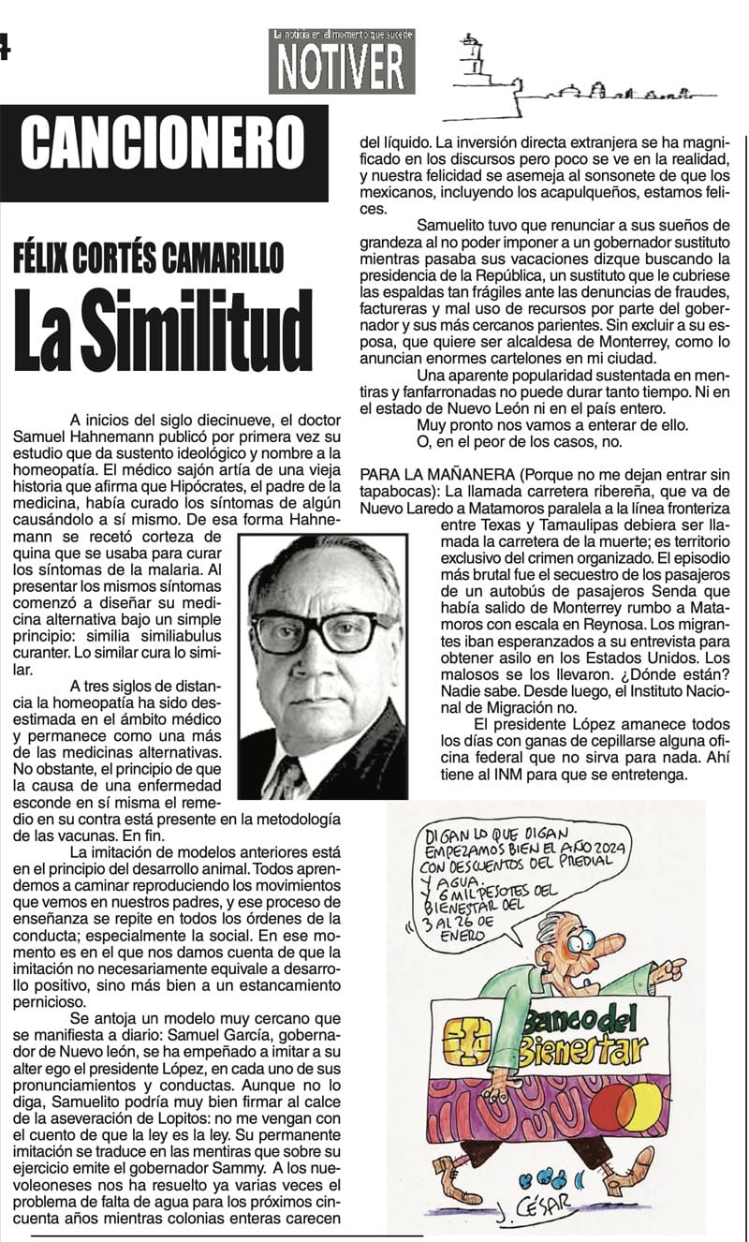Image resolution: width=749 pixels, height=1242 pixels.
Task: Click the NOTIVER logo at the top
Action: click(342, 63)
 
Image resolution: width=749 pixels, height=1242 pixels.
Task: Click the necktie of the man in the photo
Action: click(288, 777)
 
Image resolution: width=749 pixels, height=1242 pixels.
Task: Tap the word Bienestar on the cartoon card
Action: click(573, 1050)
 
